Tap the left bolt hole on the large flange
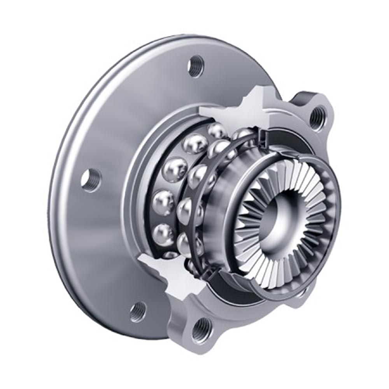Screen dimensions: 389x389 pos(91,180)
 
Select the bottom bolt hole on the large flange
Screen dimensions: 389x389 pos(138,311)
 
